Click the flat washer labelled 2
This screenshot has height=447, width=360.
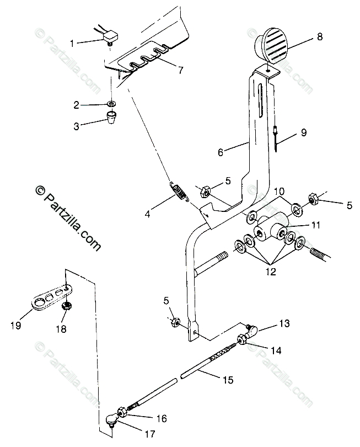pyautogui.click(x=112, y=104)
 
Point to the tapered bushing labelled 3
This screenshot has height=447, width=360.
pyautogui.click(x=113, y=118)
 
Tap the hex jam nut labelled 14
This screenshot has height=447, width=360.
pyautogui.click(x=243, y=339)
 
